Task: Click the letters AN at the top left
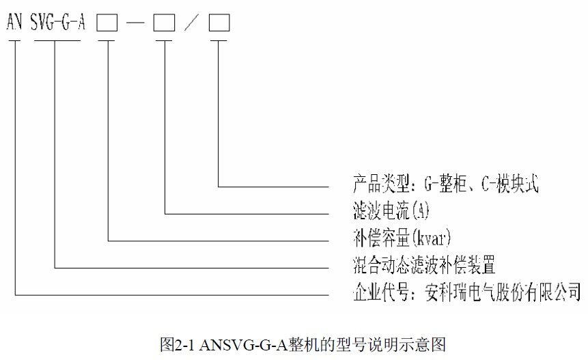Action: tap(15, 23)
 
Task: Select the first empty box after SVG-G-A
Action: tap(107, 23)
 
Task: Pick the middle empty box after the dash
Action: tap(164, 23)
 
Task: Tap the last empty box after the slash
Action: tap(219, 23)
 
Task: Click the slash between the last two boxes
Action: tap(192, 23)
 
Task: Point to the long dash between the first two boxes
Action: tap(135, 24)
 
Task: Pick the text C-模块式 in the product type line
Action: tap(509, 182)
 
